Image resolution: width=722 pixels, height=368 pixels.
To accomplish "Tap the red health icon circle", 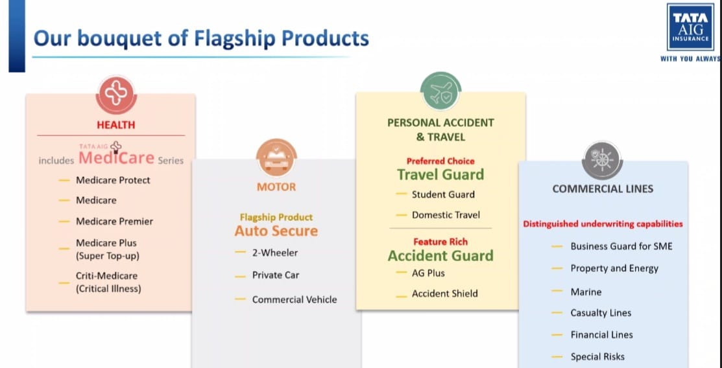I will (x=116, y=95).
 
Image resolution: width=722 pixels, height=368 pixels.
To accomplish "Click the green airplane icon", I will (x=440, y=91).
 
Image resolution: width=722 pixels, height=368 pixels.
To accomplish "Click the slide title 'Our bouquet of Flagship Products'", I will (x=201, y=38).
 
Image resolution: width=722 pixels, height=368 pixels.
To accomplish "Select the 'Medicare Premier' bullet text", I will (x=114, y=221).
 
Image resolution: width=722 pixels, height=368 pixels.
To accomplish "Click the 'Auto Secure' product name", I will (x=276, y=231).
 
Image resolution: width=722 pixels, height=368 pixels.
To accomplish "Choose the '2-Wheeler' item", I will (x=275, y=253).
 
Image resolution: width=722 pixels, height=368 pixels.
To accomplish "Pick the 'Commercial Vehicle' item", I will (x=295, y=299).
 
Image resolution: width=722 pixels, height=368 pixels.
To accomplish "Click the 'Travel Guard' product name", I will (x=440, y=174).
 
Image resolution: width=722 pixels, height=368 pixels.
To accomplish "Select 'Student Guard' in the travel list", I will (x=443, y=194).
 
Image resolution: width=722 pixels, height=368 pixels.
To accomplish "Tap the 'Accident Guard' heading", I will (x=440, y=255).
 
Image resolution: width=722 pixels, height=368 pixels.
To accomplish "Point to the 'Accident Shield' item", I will (x=444, y=293).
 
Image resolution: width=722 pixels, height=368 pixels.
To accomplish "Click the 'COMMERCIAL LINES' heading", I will (x=603, y=189).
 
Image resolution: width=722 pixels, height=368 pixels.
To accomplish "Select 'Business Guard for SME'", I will (x=621, y=246).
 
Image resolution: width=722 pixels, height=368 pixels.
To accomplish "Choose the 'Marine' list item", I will (x=586, y=292).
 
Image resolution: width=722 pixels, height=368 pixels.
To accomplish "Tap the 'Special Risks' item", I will (x=597, y=356).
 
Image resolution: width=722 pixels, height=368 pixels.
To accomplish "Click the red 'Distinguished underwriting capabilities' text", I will (x=603, y=224).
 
